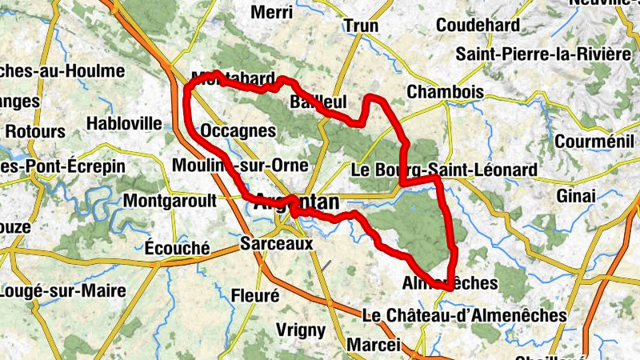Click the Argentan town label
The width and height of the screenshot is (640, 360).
[295, 204]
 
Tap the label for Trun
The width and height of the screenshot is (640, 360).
[361, 26]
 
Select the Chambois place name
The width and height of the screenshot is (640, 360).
[445, 92]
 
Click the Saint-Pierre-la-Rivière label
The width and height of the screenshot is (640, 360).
[544, 54]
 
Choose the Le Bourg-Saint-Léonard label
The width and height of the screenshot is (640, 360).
[444, 170]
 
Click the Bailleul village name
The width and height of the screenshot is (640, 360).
[318, 102]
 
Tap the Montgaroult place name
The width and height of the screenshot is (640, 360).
[170, 201]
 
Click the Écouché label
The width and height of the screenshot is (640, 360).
[178, 248]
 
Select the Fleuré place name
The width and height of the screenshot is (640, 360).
[254, 295]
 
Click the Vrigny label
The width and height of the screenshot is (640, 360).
[300, 330]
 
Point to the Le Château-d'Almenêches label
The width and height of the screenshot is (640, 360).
[464, 316]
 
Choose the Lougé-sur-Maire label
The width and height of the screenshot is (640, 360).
[62, 291]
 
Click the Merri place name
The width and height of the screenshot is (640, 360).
[271, 12]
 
